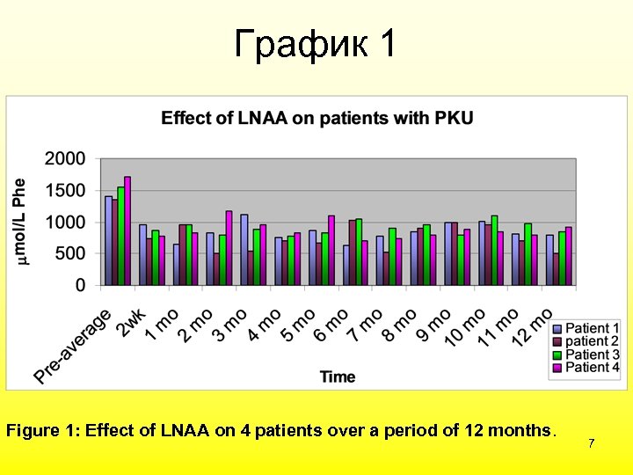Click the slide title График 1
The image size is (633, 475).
[x=316, y=43]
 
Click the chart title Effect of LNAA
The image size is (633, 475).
[x=316, y=119]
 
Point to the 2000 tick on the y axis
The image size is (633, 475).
[x=65, y=159]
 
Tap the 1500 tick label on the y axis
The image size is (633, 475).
[x=65, y=191]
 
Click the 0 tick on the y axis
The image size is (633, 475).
[x=80, y=286]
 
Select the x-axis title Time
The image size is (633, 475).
[x=338, y=376]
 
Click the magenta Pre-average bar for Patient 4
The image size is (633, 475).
[x=127, y=230]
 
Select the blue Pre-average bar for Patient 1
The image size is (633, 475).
[x=108, y=240]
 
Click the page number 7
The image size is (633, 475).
[x=592, y=443]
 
